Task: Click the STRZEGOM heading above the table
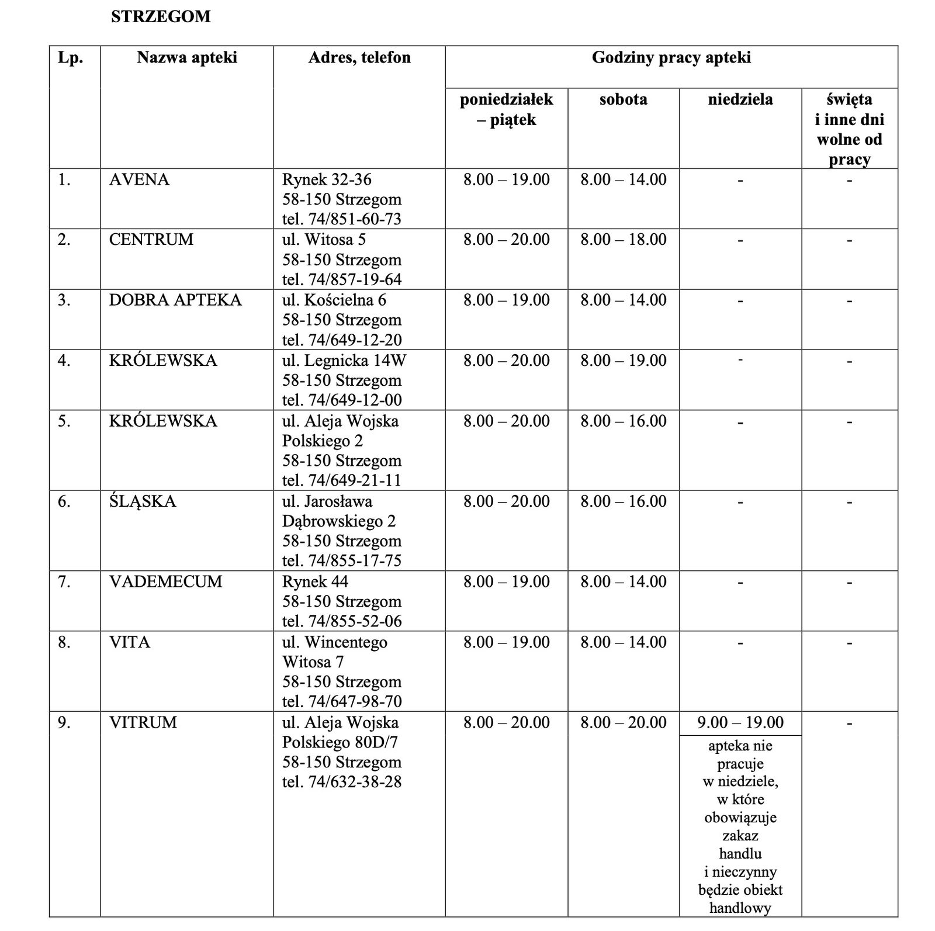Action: pyautogui.click(x=161, y=16)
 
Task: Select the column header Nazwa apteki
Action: pyautogui.click(x=187, y=57)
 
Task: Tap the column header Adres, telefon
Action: pyautogui.click(x=359, y=57)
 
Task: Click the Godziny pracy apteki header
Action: pyautogui.click(x=671, y=57)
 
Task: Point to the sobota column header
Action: pyautogui.click(x=623, y=99)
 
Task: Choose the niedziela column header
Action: pyautogui.click(x=740, y=99)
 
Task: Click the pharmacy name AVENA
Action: pyautogui.click(x=139, y=179)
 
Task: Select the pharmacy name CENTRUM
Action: pyautogui.click(x=151, y=240)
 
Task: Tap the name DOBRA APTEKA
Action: pyautogui.click(x=175, y=300)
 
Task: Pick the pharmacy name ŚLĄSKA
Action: pyautogui.click(x=143, y=501)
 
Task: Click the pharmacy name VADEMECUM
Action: pyautogui.click(x=165, y=582)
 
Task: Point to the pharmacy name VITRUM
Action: pyautogui.click(x=143, y=722)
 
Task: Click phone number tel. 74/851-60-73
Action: pyautogui.click(x=342, y=219)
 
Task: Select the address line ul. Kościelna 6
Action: pyautogui.click(x=334, y=300)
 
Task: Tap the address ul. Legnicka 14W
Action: pyautogui.click(x=344, y=360)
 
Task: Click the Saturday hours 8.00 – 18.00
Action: pyautogui.click(x=623, y=240)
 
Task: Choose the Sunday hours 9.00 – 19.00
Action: pyautogui.click(x=740, y=722)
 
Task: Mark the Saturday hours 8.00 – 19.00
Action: pyautogui.click(x=623, y=360)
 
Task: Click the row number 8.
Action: pyautogui.click(x=64, y=642)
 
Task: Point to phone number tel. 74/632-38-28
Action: pyautogui.click(x=342, y=782)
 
